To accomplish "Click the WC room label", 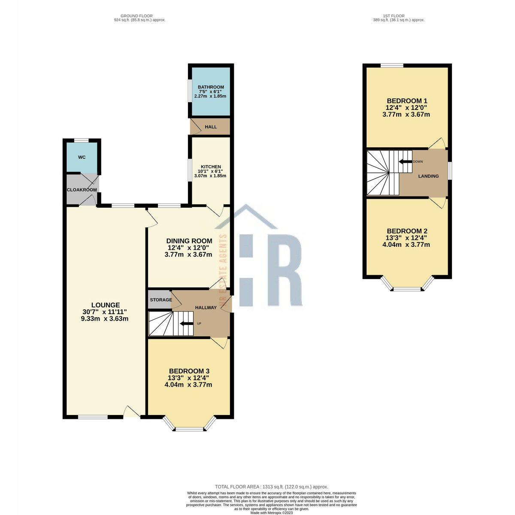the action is pyautogui.click(x=82, y=157).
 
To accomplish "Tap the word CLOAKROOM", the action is pyautogui.click(x=82, y=190).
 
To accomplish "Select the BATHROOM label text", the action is pyautogui.click(x=211, y=87).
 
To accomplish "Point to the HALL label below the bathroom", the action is pyautogui.click(x=211, y=127).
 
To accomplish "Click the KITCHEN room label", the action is pyautogui.click(x=211, y=167).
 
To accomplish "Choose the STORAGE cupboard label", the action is pyautogui.click(x=161, y=300).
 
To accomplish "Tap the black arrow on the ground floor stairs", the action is pyautogui.click(x=187, y=324).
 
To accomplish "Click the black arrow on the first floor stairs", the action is pyautogui.click(x=406, y=162).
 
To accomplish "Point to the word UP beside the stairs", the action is pyautogui.click(x=199, y=324).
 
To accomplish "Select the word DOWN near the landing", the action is pyautogui.click(x=418, y=162).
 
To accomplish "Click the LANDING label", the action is pyautogui.click(x=428, y=176).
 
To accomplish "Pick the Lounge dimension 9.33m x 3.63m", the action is pyautogui.click(x=104, y=318).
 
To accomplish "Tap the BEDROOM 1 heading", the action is pyautogui.click(x=407, y=101).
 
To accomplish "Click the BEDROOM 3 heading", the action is pyautogui.click(x=189, y=371).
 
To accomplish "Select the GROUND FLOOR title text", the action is pyautogui.click(x=136, y=16).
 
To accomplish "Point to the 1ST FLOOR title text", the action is pyautogui.click(x=394, y=16).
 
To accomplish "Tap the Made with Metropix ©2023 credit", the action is pyautogui.click(x=272, y=513).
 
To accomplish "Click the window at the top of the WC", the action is pyautogui.click(x=82, y=140).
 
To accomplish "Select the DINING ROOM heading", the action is pyautogui.click(x=189, y=241).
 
